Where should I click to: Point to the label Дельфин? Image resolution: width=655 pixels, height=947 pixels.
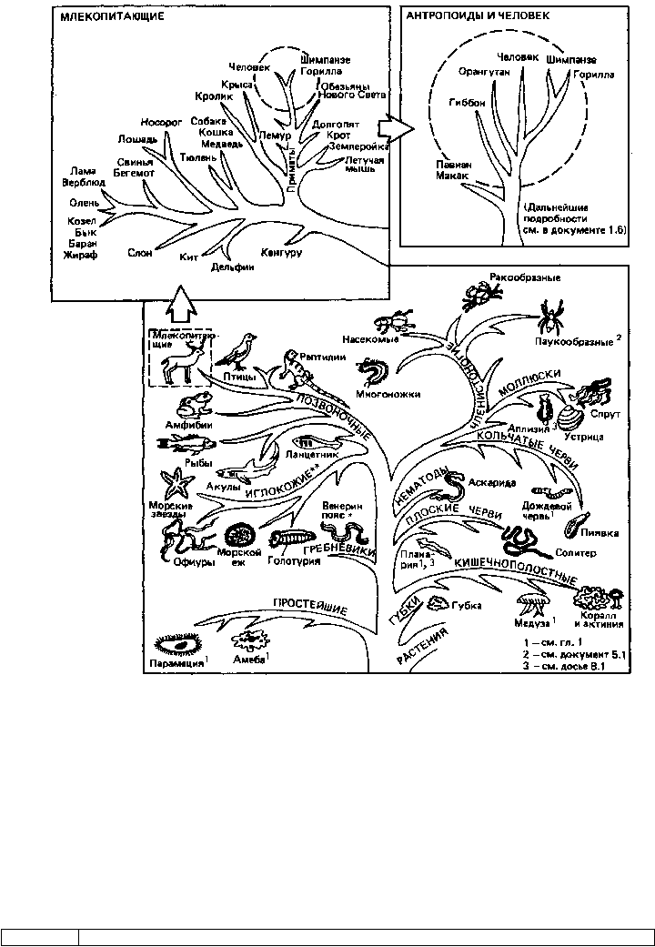tap(230, 267)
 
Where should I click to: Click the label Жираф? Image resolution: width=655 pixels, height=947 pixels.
tap(81, 257)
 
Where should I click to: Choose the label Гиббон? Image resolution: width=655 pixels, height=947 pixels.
tap(467, 103)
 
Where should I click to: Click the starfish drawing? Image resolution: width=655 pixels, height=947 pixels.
tap(172, 481)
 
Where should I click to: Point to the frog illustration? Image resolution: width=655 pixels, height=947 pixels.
tap(192, 403)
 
